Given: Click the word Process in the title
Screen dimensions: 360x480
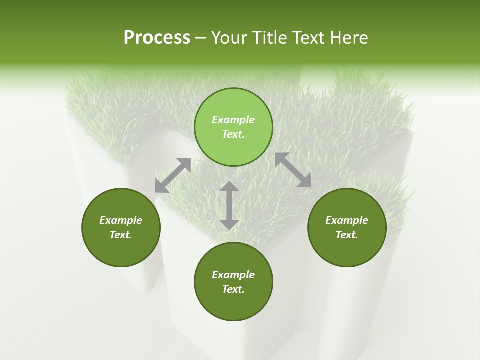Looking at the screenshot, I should (157, 38).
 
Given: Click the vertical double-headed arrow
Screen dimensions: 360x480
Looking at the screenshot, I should (229, 205).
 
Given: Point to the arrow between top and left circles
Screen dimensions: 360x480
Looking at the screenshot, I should (173, 175).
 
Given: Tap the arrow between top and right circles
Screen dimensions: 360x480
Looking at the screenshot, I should (293, 170).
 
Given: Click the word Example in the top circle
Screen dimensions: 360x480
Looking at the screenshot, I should (233, 120).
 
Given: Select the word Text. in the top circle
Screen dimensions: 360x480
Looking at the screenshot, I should (233, 134).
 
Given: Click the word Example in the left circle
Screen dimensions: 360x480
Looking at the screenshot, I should (121, 220).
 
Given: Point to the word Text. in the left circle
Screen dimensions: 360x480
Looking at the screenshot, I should (121, 235).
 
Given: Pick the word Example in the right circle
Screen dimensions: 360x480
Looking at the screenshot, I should (347, 220).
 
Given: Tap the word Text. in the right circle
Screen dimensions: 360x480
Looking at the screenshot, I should (347, 235).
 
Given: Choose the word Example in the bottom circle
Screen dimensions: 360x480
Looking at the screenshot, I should (233, 275).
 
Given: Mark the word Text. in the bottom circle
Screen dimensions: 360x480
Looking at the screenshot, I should (233, 289).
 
